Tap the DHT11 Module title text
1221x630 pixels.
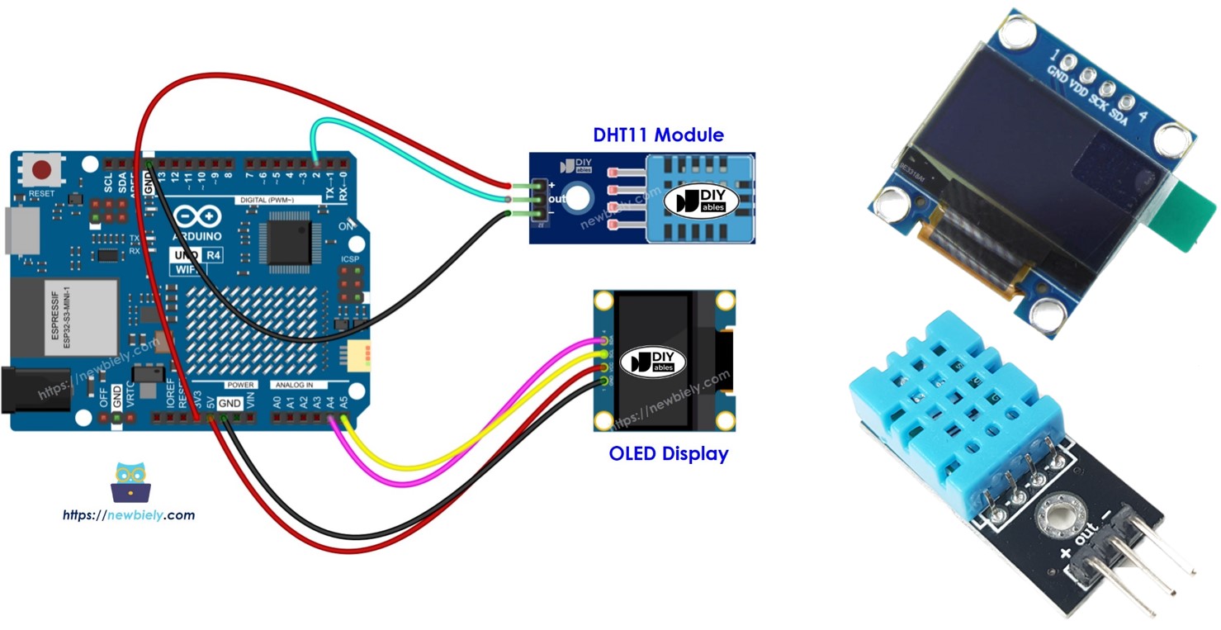tap(658, 135)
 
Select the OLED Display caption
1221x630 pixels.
tap(669, 453)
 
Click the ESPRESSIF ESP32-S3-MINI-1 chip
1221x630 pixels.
tap(64, 317)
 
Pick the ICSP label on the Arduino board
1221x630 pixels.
tap(350, 259)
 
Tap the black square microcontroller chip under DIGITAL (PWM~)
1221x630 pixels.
tap(288, 241)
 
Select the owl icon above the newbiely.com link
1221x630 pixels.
tap(130, 482)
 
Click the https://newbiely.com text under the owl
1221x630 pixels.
tap(129, 515)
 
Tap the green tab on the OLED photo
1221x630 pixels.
tap(1189, 216)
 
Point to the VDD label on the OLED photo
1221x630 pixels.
tap(1079, 83)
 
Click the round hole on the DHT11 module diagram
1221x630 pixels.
tap(580, 197)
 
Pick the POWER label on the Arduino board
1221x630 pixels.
tap(240, 385)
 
